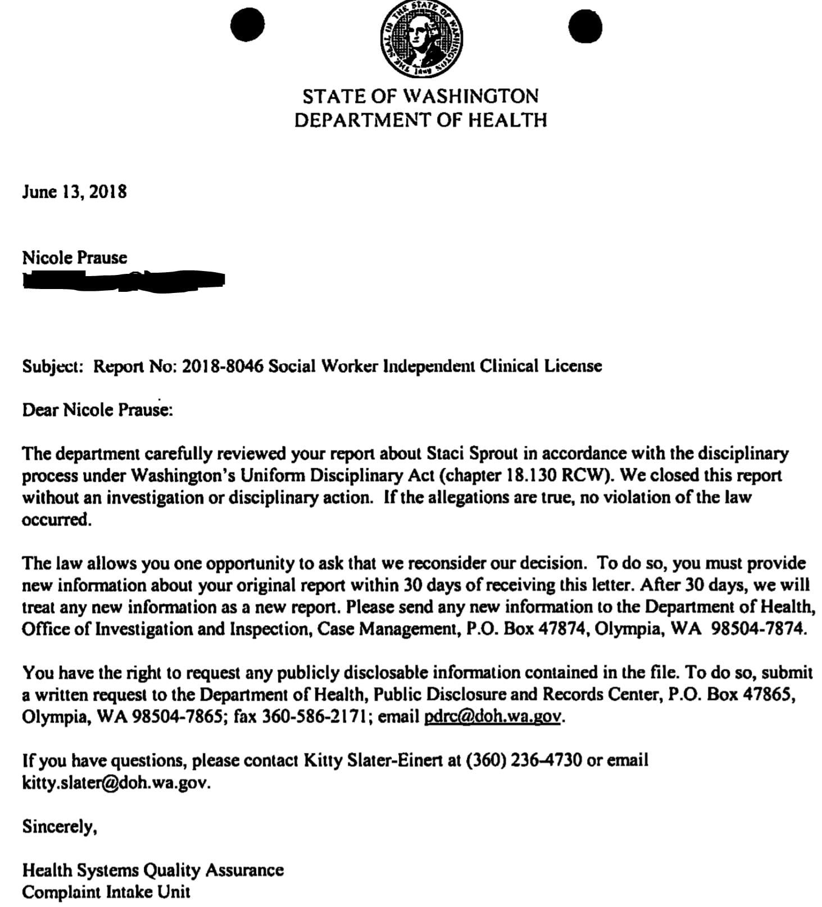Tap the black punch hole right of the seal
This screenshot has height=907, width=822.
coord(585,26)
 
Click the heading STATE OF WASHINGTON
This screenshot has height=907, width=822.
coord(420,96)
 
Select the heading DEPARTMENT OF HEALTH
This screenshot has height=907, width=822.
coord(420,120)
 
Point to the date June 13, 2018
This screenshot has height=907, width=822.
coord(74,192)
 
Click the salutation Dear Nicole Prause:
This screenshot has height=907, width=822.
coord(97,410)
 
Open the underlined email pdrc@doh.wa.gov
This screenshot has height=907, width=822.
coord(493,716)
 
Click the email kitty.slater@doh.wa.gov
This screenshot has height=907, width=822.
coord(116,783)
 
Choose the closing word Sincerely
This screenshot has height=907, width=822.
coord(59,826)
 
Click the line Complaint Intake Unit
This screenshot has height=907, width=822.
coord(106,892)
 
